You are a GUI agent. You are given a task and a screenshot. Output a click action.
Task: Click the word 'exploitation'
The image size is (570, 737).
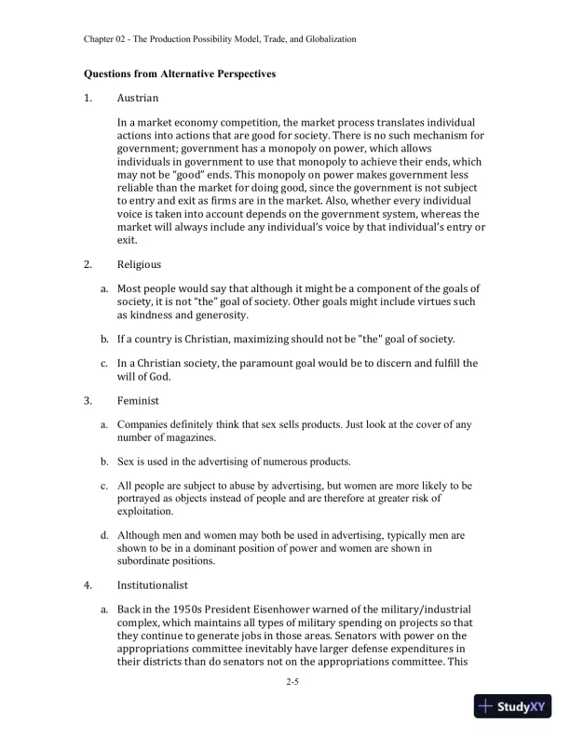tap(145, 511)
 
